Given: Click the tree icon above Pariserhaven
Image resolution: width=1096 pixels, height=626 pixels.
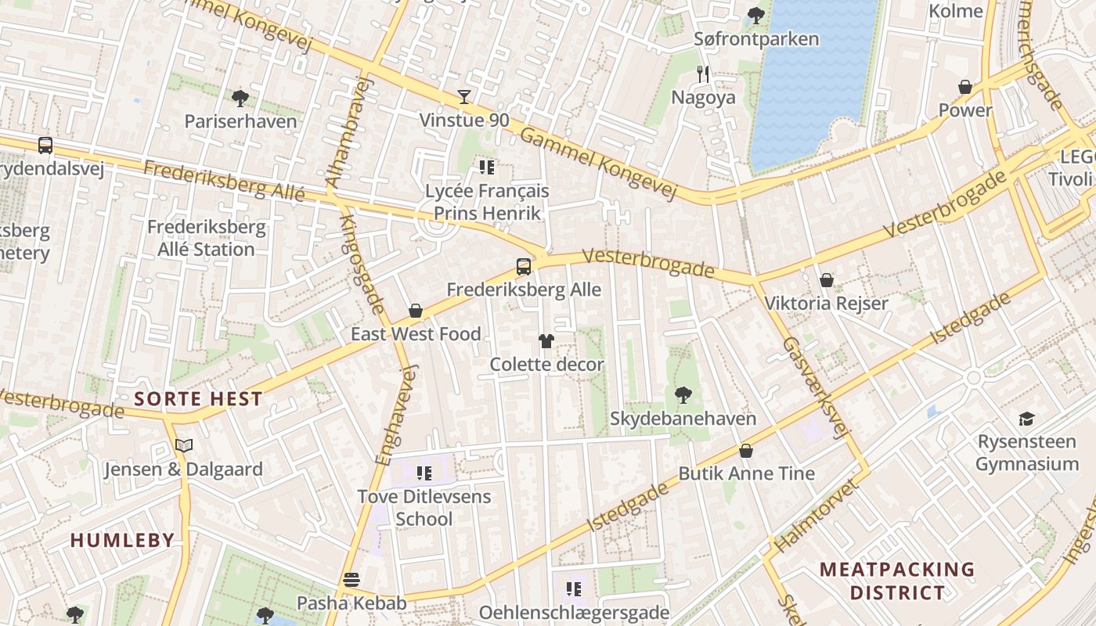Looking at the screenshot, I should (x=240, y=99).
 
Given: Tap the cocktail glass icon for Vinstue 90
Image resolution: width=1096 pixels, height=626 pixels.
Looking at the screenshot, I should (x=464, y=97).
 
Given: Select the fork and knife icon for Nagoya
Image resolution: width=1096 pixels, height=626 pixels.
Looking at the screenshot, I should (x=703, y=74).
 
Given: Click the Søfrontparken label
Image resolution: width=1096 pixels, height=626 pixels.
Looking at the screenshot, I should (x=756, y=39).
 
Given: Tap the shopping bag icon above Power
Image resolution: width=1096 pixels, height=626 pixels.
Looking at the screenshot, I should (x=965, y=87).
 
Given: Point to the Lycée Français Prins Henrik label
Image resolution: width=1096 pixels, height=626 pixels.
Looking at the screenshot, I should (x=487, y=202).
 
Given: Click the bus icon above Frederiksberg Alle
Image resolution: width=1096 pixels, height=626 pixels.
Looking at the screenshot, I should (x=524, y=267).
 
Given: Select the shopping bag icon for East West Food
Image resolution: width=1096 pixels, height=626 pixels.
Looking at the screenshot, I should (x=416, y=311).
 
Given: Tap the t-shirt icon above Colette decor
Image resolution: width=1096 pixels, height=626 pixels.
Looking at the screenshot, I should (x=546, y=341).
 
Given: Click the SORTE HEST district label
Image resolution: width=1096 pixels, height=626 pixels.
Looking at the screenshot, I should (x=198, y=398).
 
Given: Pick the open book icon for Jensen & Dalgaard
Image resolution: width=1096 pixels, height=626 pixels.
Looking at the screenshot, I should (x=184, y=446).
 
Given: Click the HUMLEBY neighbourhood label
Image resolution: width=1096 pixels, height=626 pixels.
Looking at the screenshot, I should (x=122, y=540).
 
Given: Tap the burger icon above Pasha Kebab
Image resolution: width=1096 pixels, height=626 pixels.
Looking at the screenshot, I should (x=352, y=580).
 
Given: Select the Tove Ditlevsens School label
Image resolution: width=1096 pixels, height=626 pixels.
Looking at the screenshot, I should (x=424, y=507).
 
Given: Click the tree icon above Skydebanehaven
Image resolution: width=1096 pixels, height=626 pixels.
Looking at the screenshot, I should (x=683, y=394).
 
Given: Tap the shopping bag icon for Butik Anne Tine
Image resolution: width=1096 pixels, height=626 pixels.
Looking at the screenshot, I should (x=746, y=451).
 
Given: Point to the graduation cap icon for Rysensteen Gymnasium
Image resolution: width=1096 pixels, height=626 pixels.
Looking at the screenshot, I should (x=1026, y=419).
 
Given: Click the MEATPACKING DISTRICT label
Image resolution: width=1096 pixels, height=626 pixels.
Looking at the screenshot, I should (x=897, y=581).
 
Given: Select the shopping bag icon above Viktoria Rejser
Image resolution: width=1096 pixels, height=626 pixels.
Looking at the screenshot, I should (x=826, y=280).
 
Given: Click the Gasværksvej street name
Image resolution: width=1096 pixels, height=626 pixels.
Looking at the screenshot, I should (x=815, y=388).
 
